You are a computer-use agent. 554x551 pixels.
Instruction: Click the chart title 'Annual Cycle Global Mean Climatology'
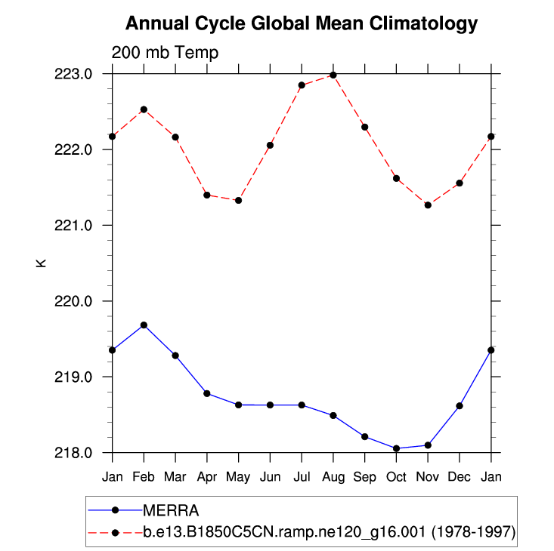tap(301, 23)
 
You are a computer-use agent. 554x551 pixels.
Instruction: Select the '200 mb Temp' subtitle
tap(165, 53)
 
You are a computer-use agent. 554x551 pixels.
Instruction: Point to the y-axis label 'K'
tap(42, 263)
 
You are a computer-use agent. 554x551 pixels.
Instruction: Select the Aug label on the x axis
tap(333, 477)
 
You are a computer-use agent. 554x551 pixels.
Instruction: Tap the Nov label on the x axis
tap(428, 477)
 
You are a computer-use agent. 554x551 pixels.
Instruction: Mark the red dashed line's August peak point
tap(333, 75)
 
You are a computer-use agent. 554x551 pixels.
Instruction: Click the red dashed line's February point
tap(144, 109)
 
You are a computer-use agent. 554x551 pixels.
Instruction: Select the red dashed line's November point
tap(428, 205)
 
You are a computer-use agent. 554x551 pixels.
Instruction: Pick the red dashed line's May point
tap(239, 200)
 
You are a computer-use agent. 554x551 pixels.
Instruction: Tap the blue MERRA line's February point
tap(144, 325)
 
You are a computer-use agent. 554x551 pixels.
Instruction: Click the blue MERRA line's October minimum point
tap(397, 448)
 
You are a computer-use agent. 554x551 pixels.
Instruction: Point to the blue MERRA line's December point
tap(460, 406)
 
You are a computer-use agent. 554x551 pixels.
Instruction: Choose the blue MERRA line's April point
tap(207, 393)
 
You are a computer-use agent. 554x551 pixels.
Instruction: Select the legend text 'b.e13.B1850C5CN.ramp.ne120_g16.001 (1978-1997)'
tap(329, 532)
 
